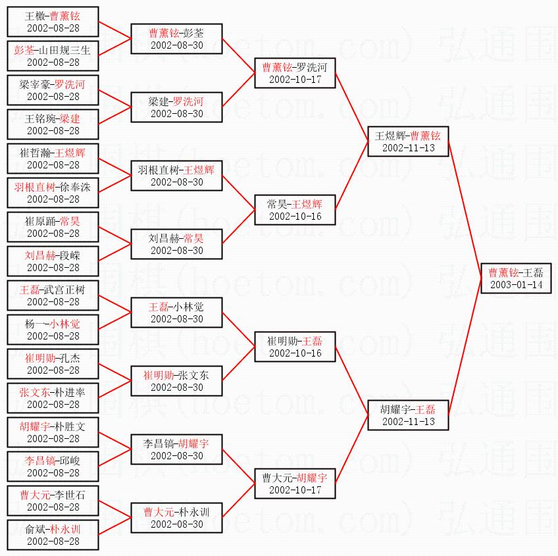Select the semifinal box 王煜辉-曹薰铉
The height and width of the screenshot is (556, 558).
click(x=408, y=141)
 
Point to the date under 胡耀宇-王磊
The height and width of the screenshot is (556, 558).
click(x=408, y=422)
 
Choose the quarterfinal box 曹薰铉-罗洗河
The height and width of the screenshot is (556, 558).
click(x=295, y=73)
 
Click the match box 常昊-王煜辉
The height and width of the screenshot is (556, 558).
click(x=295, y=210)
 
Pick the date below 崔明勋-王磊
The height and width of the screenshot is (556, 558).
click(x=295, y=353)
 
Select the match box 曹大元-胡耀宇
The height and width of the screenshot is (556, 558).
click(x=295, y=484)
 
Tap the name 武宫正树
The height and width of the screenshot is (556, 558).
click(x=64, y=289)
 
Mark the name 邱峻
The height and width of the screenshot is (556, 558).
click(x=69, y=460)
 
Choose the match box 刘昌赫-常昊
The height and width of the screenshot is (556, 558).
click(x=176, y=244)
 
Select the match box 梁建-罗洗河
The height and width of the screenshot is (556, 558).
click(x=176, y=107)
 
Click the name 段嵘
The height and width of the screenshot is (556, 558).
click(x=69, y=255)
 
